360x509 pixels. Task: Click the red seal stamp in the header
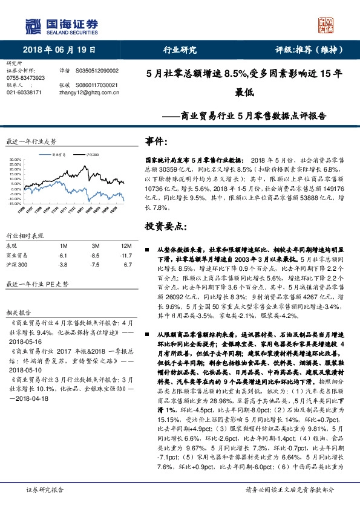(x=327, y=25)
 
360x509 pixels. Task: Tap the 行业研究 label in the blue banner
(x=180, y=50)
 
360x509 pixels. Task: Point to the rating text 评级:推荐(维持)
(x=306, y=50)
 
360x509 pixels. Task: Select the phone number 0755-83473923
(x=25, y=79)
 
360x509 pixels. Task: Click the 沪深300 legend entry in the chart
(x=93, y=155)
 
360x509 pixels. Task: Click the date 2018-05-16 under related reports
(x=22, y=340)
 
